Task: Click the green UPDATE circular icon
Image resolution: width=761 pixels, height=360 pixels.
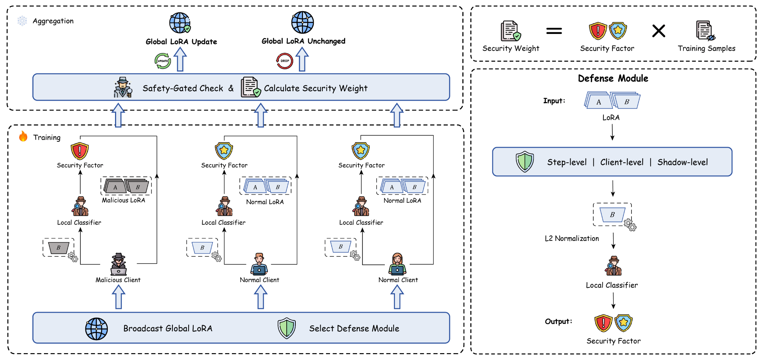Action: point(163,61)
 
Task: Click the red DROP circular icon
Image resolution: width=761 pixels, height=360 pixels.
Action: point(285,61)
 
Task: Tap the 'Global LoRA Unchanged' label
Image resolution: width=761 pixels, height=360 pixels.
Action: point(303,41)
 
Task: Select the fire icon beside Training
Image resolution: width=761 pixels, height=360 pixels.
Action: point(23,136)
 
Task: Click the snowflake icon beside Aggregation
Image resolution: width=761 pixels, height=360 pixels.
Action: point(22,21)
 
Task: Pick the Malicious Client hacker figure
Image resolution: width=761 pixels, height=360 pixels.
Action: point(118,264)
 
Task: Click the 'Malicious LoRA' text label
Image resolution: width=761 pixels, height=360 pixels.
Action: point(123,200)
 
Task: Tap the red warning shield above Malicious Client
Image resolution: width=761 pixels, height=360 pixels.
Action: point(80,151)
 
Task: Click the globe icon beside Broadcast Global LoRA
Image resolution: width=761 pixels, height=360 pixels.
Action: point(96,329)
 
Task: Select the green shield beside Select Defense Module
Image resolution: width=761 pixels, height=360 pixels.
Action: point(287,328)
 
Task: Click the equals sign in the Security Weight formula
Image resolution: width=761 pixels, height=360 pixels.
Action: point(554,31)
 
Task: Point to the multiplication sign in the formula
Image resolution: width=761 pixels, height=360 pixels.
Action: point(659,31)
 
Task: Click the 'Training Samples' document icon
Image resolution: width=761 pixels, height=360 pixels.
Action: point(705,31)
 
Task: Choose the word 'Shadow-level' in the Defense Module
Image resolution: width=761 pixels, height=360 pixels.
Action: point(682,162)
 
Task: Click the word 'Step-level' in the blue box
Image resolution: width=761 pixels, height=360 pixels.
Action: point(567,162)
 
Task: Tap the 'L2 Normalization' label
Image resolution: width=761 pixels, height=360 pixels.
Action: point(572,238)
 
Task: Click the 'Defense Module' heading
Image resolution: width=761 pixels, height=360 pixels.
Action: point(613,78)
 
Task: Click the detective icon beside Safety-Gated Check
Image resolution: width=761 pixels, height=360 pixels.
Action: point(123,87)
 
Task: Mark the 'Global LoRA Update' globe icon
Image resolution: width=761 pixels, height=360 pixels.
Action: point(180,23)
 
